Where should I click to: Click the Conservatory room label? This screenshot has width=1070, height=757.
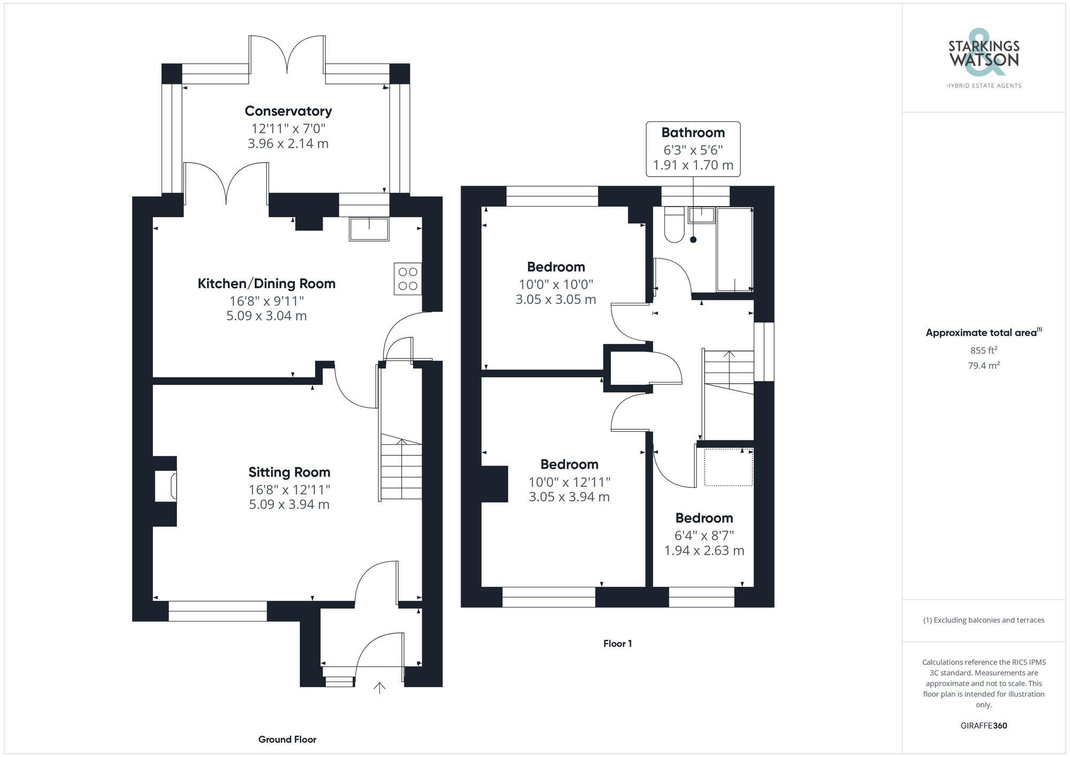288,111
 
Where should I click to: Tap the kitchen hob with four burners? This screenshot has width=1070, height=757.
408,279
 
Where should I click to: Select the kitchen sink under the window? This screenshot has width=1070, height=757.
369,229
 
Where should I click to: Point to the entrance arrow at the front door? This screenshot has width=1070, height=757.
379,688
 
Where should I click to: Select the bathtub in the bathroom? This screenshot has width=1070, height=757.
734,250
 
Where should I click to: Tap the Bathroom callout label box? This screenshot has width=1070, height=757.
693,149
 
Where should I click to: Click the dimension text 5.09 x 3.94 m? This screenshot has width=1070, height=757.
289,504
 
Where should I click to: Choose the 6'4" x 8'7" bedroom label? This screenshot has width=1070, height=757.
704,536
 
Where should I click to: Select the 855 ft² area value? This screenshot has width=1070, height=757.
983,350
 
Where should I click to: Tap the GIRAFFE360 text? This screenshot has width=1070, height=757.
983,726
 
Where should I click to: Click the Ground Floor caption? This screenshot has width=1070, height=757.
287,739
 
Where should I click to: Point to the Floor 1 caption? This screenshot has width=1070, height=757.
617,644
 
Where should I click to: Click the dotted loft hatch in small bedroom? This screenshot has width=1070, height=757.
728,468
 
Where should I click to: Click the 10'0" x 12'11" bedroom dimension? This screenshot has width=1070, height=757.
569,482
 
